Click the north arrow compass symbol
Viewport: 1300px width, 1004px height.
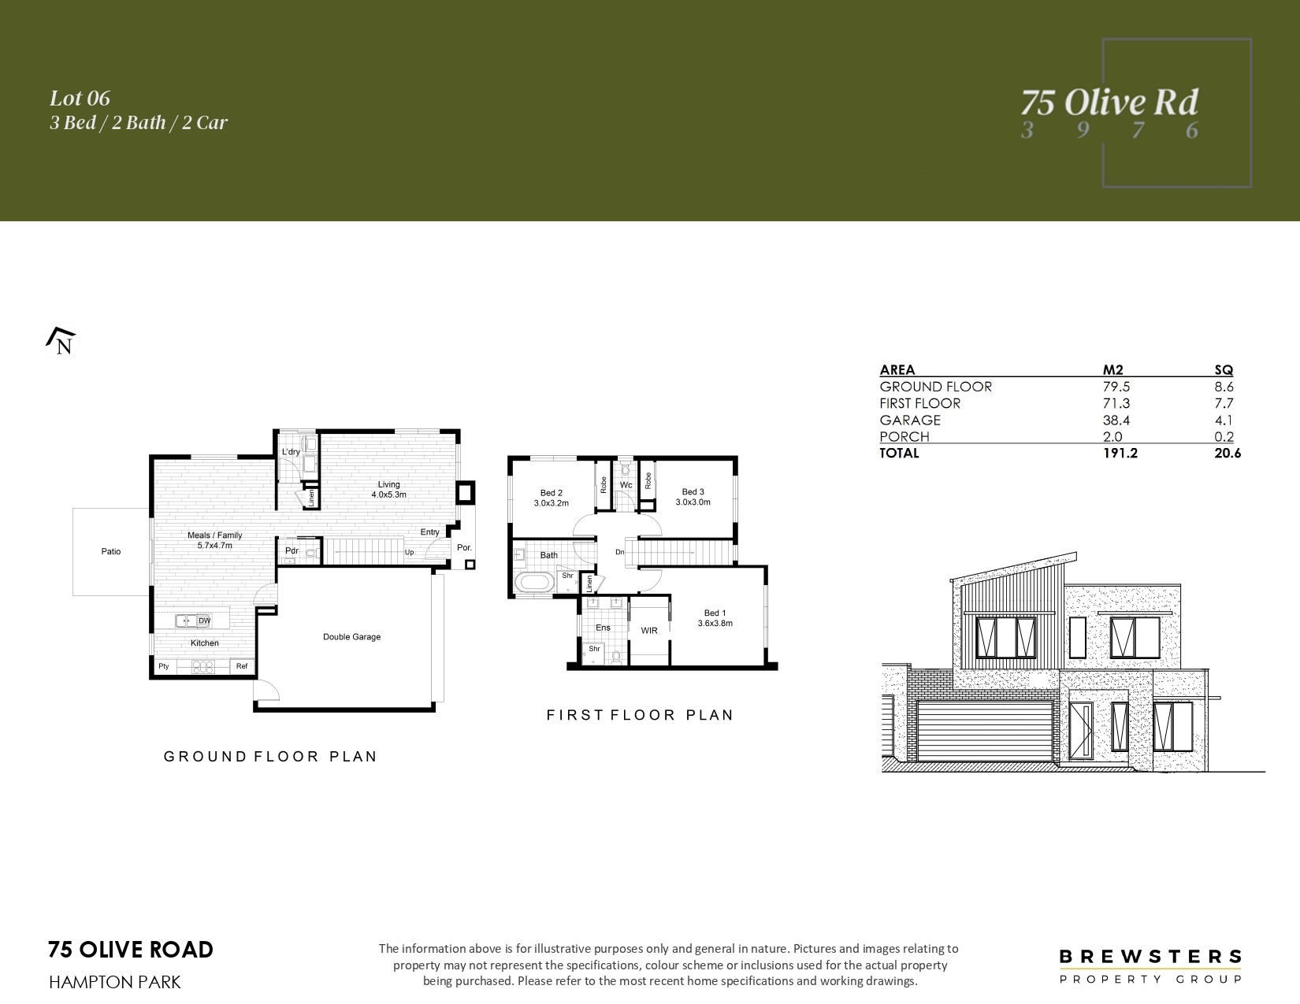61,341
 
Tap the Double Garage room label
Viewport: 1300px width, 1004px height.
351,637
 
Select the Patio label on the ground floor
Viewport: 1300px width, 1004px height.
110,551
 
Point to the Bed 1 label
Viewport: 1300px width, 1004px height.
715,613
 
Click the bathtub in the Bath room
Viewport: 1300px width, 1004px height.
534,583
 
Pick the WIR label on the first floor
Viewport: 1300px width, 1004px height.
649,630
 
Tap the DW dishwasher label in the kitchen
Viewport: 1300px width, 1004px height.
205,621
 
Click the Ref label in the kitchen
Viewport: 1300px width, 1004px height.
242,666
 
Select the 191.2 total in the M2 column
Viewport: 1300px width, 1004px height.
1120,454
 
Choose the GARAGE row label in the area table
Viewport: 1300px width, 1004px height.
910,420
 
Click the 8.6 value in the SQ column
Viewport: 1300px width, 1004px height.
1224,387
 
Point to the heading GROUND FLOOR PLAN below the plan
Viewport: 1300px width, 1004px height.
270,757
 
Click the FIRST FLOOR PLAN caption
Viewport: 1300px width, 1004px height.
640,715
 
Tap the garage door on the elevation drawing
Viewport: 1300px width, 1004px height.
985,732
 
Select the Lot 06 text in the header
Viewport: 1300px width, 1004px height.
80,98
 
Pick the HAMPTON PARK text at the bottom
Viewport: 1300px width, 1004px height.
114,983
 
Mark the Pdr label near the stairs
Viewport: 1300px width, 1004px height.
292,550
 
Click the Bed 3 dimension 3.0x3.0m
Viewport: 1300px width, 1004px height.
693,502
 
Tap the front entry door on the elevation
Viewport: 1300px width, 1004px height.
1080,731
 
